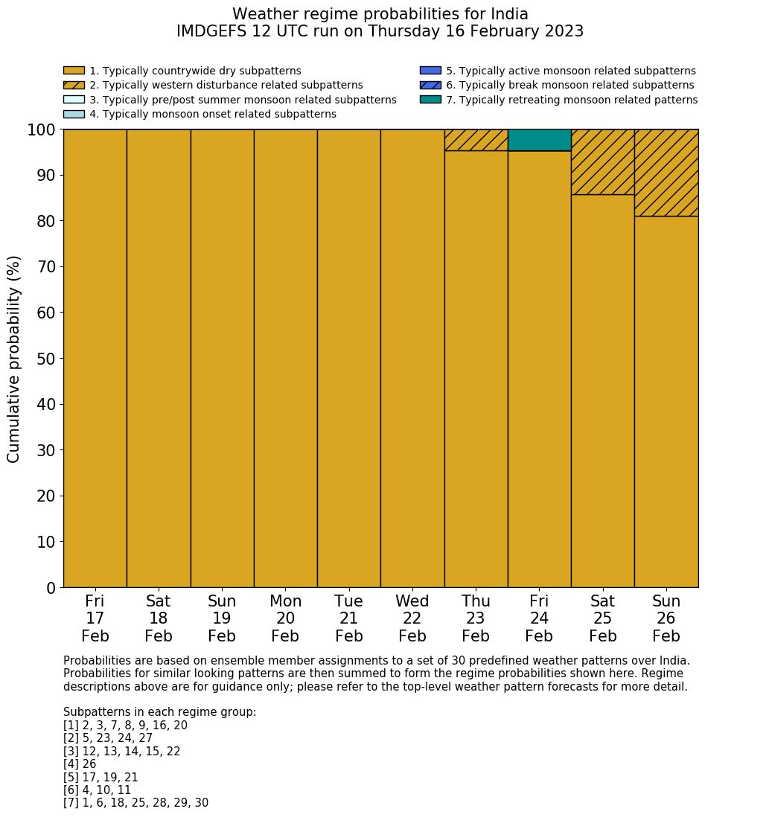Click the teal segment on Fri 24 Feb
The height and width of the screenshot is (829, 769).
click(x=539, y=140)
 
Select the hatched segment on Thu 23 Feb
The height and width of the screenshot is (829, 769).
click(x=476, y=140)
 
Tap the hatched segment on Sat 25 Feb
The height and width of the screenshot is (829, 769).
click(x=602, y=161)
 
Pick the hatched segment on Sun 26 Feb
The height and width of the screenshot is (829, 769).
click(x=666, y=173)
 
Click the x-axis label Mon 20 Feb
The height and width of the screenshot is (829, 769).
click(x=285, y=618)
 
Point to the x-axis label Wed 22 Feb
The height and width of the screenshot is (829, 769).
click(x=412, y=618)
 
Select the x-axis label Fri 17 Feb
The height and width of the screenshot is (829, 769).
click(x=95, y=618)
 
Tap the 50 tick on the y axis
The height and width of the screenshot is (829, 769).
click(x=45, y=359)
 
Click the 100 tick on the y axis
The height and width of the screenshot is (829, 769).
click(x=42, y=130)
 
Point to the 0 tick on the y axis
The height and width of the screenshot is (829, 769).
click(x=51, y=588)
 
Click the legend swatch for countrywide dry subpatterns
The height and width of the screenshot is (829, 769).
click(x=74, y=71)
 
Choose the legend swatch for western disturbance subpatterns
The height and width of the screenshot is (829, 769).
click(x=74, y=85)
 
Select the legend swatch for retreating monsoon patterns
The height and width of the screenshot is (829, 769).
click(x=430, y=100)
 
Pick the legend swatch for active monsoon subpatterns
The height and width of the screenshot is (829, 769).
click(x=430, y=71)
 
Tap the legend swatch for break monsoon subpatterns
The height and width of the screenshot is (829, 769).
click(x=430, y=85)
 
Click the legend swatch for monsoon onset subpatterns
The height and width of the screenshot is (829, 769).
click(x=74, y=114)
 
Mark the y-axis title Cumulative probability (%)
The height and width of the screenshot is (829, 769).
click(x=14, y=359)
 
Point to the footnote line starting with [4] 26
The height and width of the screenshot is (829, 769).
click(x=80, y=764)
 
